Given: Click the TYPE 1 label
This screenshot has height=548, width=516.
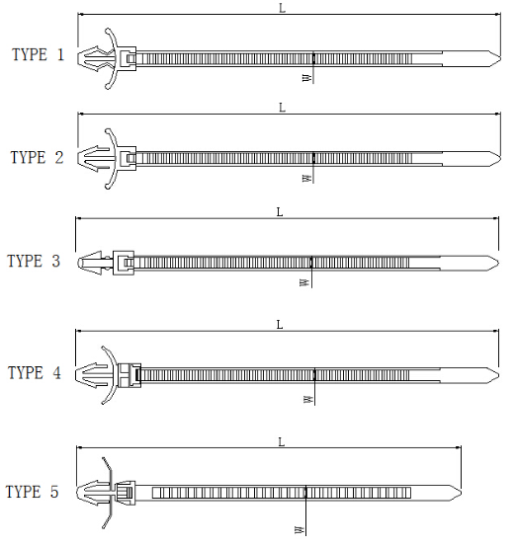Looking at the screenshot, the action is pyautogui.click(x=39, y=55).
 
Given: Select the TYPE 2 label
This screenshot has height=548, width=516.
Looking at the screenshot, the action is pyautogui.click(x=38, y=157).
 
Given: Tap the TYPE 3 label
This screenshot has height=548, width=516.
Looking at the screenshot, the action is pyautogui.click(x=34, y=261).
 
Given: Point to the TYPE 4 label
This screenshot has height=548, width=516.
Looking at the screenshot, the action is pyautogui.click(x=35, y=372).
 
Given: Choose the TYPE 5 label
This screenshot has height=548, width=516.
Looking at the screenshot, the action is pyautogui.click(x=32, y=492).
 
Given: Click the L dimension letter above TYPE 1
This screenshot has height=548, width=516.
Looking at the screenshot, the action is pyautogui.click(x=282, y=8).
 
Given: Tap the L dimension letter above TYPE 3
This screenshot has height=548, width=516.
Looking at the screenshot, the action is pyautogui.click(x=280, y=211).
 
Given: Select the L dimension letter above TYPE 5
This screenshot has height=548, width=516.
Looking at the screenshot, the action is pyautogui.click(x=282, y=442).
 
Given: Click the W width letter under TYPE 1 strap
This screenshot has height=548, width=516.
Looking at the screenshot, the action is pyautogui.click(x=306, y=77).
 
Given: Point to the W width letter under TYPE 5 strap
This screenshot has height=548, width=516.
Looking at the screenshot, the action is pyautogui.click(x=300, y=530).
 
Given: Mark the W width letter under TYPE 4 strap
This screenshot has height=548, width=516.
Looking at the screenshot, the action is pyautogui.click(x=307, y=399).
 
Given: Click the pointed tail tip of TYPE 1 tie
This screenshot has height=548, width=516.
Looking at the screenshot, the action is pyautogui.click(x=500, y=58).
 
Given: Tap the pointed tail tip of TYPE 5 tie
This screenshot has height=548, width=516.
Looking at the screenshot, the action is pyautogui.click(x=462, y=493).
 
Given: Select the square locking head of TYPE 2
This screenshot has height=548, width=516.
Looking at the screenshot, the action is pyautogui.click(x=126, y=158).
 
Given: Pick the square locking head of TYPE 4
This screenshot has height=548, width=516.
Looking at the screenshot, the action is pyautogui.click(x=129, y=375).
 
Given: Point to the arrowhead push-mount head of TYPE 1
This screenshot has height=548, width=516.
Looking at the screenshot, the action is pyautogui.click(x=95, y=58).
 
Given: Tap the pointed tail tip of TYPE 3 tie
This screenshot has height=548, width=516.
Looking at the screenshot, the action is pyautogui.click(x=498, y=263).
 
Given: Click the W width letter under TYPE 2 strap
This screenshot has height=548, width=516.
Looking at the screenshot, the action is pyautogui.click(x=306, y=179).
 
